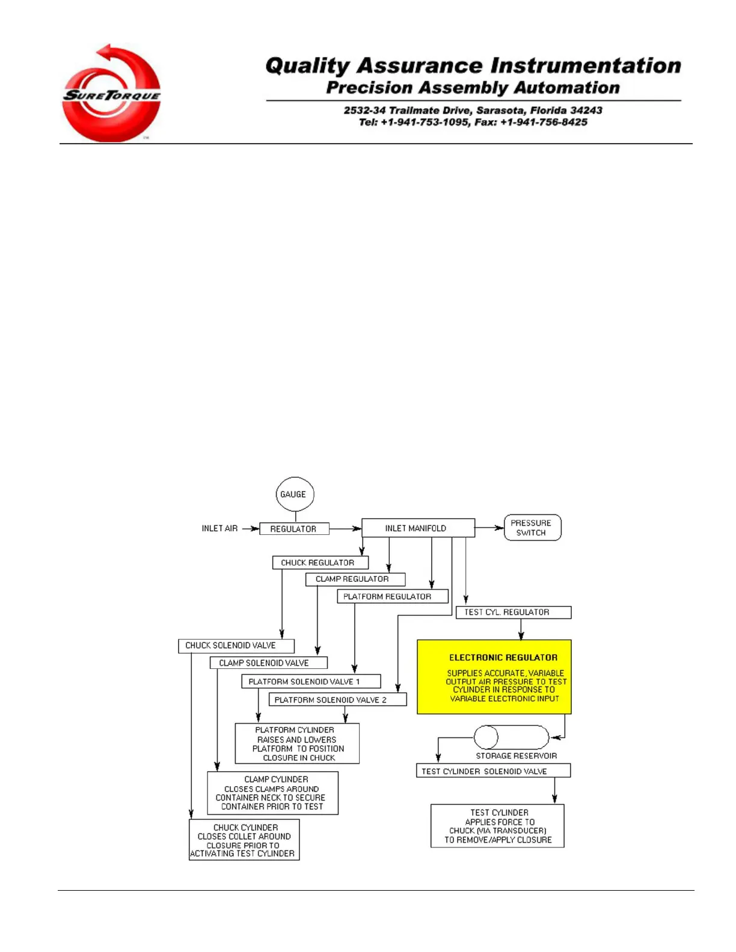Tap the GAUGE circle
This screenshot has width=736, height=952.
[295, 495]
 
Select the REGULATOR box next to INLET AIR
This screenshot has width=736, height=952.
[294, 529]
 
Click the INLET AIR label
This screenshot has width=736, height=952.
[219, 529]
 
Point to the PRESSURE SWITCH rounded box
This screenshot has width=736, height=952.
[532, 528]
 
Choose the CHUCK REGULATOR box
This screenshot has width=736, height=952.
[319, 563]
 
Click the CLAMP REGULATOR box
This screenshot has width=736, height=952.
[355, 579]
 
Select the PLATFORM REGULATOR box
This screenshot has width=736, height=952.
[392, 597]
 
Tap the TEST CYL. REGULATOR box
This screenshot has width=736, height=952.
[513, 612]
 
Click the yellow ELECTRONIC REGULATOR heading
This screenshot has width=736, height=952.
[503, 658]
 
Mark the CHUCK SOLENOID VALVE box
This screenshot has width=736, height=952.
[236, 646]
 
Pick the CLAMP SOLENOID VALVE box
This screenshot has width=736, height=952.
[268, 664]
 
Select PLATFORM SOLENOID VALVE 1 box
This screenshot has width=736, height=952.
[310, 682]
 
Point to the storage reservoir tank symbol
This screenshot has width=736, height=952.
[512, 737]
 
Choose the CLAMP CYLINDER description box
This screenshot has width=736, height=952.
[272, 793]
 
